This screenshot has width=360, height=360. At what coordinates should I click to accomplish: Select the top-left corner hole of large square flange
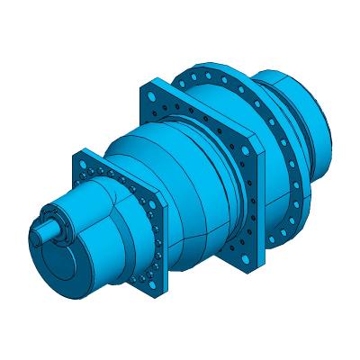149,94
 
